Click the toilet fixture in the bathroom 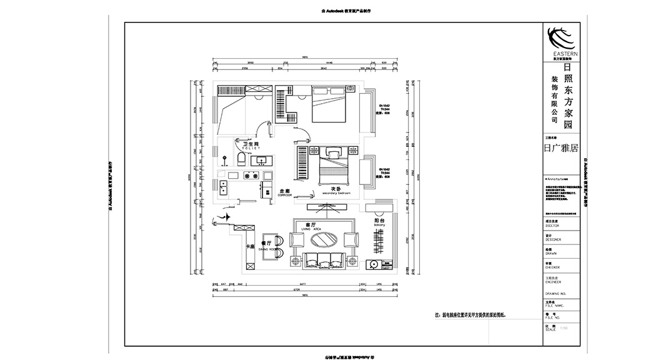241,159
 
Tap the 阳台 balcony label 379,221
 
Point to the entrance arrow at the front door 221,218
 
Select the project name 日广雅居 561,149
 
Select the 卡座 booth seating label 251,246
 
